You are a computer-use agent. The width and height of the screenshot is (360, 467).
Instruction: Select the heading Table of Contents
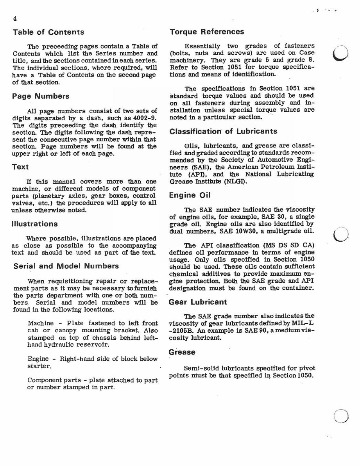pyautogui.click(x=48, y=32)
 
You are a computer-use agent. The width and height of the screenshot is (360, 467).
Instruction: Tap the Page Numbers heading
pyautogui.click(x=41, y=96)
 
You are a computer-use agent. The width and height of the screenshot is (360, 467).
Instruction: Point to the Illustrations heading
pyautogui.click(x=35, y=224)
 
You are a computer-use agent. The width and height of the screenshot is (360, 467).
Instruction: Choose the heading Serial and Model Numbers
pyautogui.click(x=66, y=266)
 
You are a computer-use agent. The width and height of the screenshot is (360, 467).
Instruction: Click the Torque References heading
pyautogui.click(x=207, y=32)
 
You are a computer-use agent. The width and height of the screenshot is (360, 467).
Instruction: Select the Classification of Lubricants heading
pyautogui.click(x=223, y=132)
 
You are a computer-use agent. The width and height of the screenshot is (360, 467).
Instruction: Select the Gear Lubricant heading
pyautogui.click(x=198, y=302)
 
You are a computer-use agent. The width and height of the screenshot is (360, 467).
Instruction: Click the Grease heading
pyautogui.click(x=182, y=352)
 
